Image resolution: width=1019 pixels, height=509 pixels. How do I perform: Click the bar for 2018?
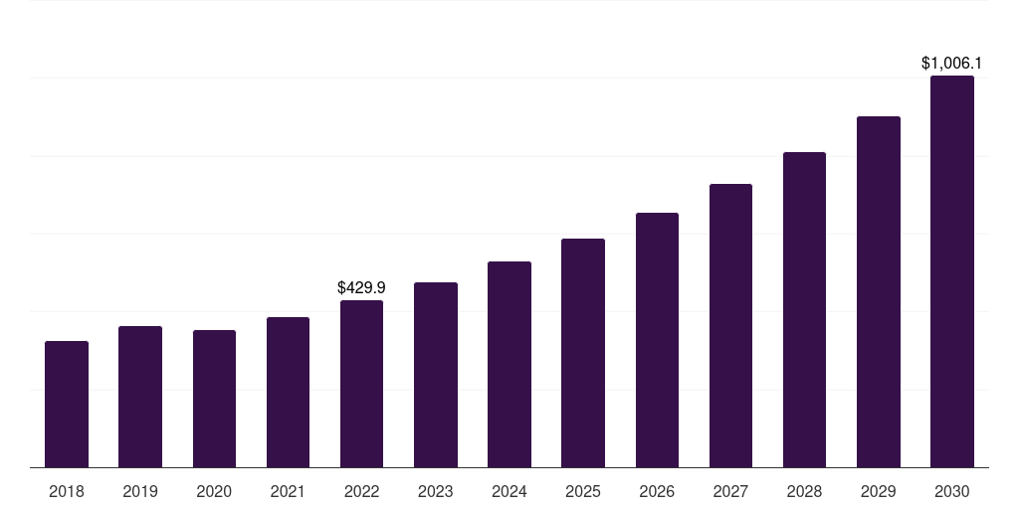click(67, 405)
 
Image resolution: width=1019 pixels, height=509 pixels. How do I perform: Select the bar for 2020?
click(214, 399)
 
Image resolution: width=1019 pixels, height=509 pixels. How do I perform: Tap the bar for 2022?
click(361, 384)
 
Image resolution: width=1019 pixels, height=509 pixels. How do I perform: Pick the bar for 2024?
click(509, 365)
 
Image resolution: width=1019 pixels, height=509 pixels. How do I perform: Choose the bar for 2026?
click(657, 340)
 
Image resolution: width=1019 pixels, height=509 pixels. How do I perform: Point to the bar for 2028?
click(804, 310)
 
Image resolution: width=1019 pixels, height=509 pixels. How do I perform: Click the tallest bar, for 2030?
click(952, 271)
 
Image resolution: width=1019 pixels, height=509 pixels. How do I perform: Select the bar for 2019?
click(140, 397)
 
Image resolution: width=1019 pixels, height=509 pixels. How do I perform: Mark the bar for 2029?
click(879, 292)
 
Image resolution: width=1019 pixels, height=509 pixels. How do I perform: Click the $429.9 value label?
click(361, 287)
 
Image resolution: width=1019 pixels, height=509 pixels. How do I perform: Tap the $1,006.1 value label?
click(952, 64)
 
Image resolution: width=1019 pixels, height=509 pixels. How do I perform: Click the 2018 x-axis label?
click(67, 491)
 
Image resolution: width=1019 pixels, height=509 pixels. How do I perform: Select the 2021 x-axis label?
click(288, 491)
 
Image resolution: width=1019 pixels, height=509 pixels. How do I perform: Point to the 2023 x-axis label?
click(436, 491)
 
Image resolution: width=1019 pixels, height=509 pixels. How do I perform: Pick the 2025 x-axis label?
click(583, 491)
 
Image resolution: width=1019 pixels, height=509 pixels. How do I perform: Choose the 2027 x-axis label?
click(730, 491)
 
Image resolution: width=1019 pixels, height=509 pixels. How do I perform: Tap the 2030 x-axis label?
click(952, 491)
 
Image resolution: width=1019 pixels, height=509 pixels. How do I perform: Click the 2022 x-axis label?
click(361, 491)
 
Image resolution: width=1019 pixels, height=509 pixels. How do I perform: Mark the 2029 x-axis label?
click(879, 491)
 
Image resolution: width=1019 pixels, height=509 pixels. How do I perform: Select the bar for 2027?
click(730, 326)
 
